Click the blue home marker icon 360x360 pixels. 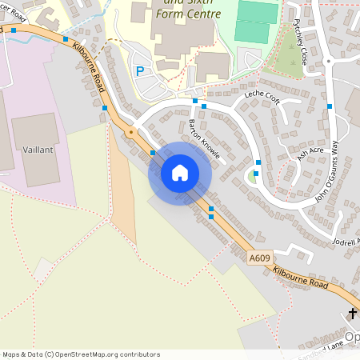click(x=180, y=172)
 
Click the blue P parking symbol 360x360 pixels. click(x=140, y=71)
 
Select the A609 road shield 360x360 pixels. click(x=258, y=258)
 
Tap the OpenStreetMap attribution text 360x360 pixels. click(x=80, y=354)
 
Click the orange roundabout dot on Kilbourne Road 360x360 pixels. click(x=130, y=131)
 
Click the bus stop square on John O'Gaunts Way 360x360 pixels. click(x=329, y=106)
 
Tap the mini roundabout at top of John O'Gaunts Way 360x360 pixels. click(x=328, y=61)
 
